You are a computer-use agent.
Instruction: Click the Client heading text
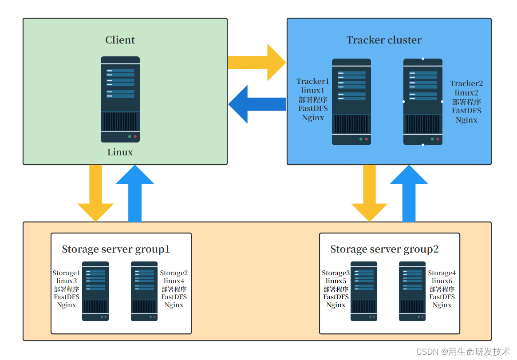(120, 40)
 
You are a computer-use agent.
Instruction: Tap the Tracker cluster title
(384, 40)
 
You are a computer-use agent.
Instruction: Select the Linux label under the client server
(120, 152)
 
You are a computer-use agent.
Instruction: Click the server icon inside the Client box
(120, 99)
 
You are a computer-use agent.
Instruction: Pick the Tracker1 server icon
(351, 102)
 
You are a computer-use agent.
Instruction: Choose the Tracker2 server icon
(423, 102)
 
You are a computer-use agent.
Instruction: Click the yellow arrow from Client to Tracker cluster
(257, 62)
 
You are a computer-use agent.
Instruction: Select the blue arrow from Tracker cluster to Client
(257, 104)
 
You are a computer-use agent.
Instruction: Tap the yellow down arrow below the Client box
(95, 193)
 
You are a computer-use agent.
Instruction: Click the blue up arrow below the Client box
(135, 193)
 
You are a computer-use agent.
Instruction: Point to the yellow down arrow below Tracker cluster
(369, 193)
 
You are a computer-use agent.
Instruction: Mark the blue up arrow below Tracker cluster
(409, 193)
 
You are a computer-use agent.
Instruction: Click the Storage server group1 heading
(116, 249)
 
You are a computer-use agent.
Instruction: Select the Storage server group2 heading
(384, 249)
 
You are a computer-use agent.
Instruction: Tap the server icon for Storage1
(95, 291)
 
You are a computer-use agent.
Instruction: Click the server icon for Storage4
(412, 291)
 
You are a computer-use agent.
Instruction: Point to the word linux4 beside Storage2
(174, 281)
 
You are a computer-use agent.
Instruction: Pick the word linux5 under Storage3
(336, 281)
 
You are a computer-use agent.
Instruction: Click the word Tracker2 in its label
(466, 83)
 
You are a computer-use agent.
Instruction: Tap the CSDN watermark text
(463, 352)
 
